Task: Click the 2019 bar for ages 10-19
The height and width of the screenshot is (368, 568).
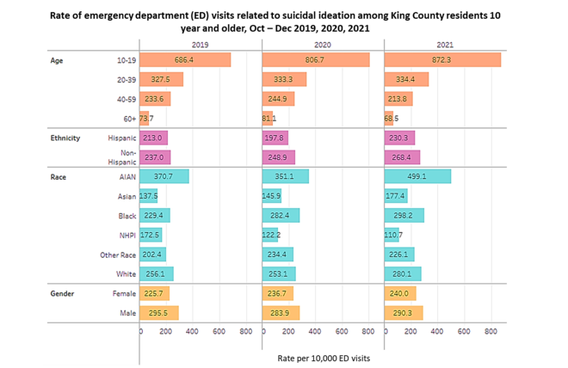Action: [x=186, y=60]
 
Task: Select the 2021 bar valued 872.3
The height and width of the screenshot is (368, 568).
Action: [x=441, y=60]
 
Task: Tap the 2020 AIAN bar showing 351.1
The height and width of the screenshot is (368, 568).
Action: [x=285, y=176]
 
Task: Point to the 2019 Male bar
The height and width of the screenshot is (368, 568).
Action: [x=160, y=312]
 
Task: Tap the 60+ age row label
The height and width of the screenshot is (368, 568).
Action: [x=123, y=118]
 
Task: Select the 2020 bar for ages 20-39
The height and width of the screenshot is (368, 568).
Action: [x=279, y=79]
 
